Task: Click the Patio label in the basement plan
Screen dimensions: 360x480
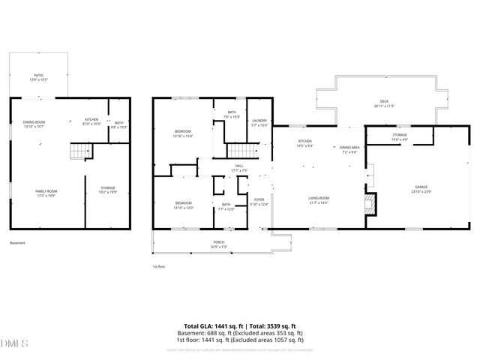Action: click(x=38, y=77)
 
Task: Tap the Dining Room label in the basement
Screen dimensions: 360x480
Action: click(x=34, y=124)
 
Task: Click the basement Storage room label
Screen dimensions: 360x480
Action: click(x=108, y=190)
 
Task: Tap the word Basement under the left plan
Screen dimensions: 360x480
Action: click(x=17, y=243)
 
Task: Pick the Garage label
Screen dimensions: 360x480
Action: click(x=421, y=188)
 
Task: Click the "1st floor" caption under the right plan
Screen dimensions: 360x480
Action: click(x=158, y=266)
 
